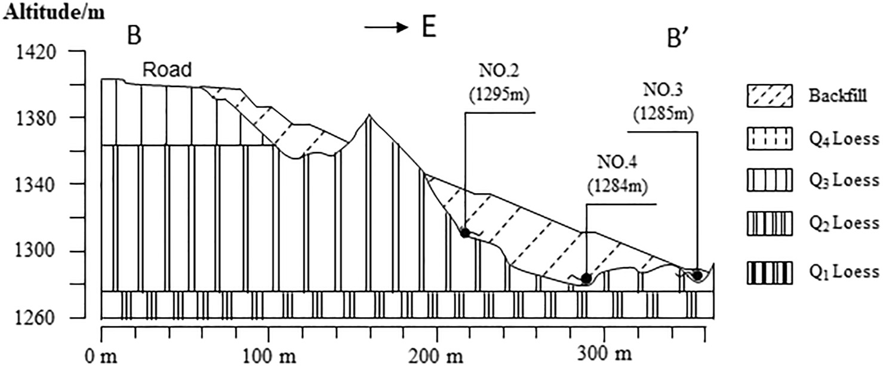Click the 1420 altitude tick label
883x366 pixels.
pyautogui.click(x=38, y=52)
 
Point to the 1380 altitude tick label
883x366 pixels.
pyautogui.click(x=38, y=117)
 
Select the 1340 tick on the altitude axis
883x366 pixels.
pyautogui.click(x=38, y=184)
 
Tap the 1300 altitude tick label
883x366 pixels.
pyautogui.click(x=38, y=252)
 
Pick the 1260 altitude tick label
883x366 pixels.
pyautogui.click(x=38, y=318)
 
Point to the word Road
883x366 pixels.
pyautogui.click(x=167, y=70)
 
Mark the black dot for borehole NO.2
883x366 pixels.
pyautogui.click(x=464, y=232)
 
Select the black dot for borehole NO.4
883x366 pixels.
pyautogui.click(x=586, y=278)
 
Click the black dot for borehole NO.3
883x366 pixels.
pyautogui.click(x=697, y=275)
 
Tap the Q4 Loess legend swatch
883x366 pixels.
pyautogui.click(x=769, y=139)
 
